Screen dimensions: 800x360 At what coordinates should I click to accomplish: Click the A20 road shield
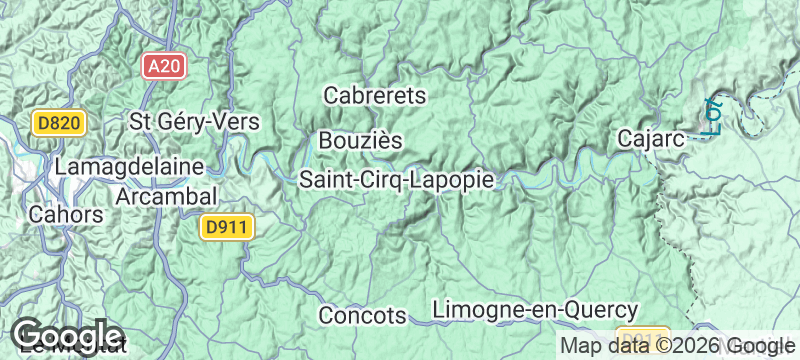(x=163, y=66)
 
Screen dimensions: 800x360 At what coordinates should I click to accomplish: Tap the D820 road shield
(x=61, y=123)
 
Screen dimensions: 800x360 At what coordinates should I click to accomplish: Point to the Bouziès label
(x=360, y=140)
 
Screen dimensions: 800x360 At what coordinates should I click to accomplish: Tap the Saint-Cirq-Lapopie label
(x=397, y=180)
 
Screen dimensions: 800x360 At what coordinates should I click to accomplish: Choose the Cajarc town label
(x=651, y=138)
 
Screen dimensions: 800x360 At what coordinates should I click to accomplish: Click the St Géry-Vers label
(x=195, y=121)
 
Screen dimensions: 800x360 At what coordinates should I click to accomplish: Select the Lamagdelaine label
(x=130, y=165)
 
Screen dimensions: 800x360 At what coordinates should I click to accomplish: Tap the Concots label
(x=362, y=315)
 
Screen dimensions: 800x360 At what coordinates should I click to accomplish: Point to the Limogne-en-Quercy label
(x=535, y=310)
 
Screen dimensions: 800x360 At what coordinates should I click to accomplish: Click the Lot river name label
(x=713, y=116)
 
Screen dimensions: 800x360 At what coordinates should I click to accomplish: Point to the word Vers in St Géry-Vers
(x=238, y=121)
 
